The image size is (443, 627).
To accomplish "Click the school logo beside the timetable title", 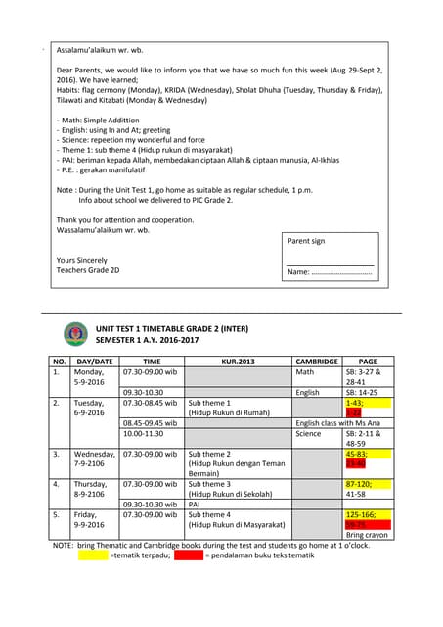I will click(74, 333).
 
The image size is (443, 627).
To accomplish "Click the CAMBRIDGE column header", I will click(317, 362).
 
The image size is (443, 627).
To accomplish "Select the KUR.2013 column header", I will click(238, 362).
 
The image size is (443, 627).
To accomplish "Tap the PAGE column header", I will click(368, 362).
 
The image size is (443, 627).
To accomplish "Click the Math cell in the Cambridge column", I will click(305, 372).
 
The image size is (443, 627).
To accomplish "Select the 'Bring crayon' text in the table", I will click(368, 536).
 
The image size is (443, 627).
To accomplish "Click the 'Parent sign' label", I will click(305, 241).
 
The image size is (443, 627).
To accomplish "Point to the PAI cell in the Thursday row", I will click(195, 505).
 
